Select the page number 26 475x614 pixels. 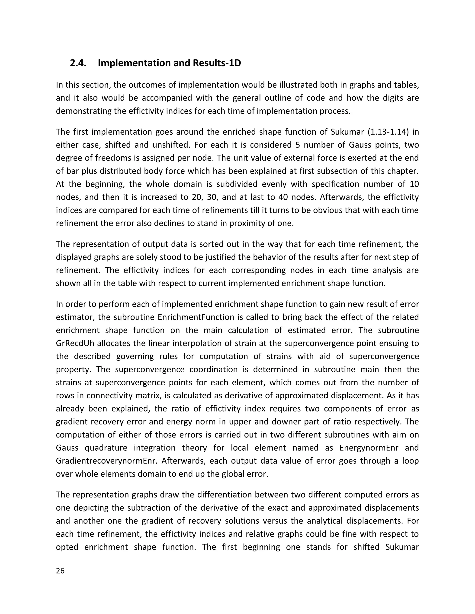tap(60, 571)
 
